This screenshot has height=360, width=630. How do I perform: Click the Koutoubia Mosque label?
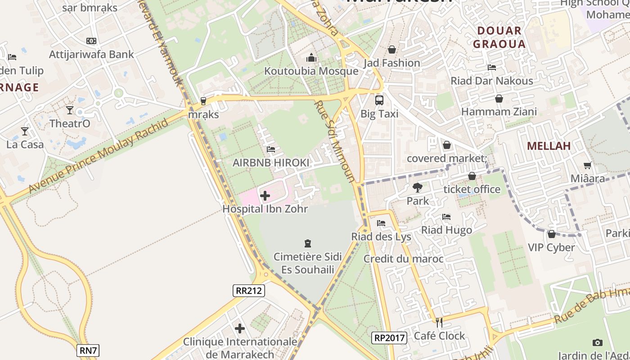[x=311, y=71]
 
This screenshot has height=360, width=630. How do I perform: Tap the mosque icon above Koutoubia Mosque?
[x=311, y=58]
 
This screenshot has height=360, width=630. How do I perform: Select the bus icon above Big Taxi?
[x=379, y=100]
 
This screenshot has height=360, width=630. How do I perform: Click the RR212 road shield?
[x=249, y=291]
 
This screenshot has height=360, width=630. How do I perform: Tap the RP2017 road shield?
[x=389, y=337]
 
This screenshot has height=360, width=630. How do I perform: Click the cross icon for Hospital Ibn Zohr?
[x=265, y=196]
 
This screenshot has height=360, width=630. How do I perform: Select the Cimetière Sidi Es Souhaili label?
[x=308, y=263]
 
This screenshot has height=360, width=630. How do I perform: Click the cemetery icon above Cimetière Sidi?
[x=308, y=243]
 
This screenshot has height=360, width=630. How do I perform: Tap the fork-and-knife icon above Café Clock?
[x=439, y=322]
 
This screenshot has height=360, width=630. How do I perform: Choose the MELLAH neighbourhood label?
[x=549, y=145]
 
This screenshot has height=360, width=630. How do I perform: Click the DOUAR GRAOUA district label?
[x=499, y=37]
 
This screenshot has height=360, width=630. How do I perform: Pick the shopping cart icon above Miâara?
[x=587, y=166]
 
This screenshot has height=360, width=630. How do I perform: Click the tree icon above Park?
[x=418, y=188]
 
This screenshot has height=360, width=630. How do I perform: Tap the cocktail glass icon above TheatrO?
[x=69, y=110]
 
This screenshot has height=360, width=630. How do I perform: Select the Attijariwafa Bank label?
[x=91, y=54]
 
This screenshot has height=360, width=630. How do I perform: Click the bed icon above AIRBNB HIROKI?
[x=270, y=149]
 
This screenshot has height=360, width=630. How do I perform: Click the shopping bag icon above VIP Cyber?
[x=551, y=234]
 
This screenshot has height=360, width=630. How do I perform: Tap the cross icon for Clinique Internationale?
[x=240, y=328]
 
